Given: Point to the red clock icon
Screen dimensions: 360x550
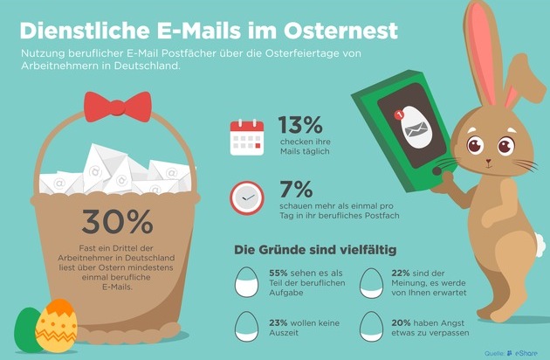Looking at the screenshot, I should click(x=246, y=197).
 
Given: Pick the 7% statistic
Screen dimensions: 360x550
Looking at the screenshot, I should click(x=296, y=189).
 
